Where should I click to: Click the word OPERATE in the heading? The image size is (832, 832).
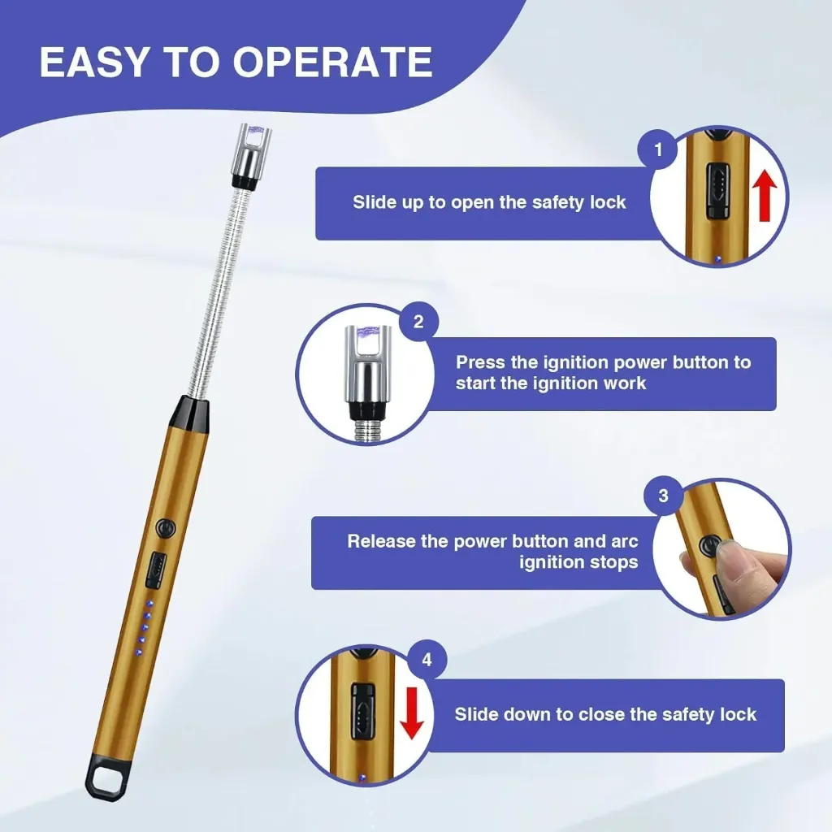click(x=332, y=62)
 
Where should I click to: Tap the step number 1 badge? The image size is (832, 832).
click(x=658, y=149)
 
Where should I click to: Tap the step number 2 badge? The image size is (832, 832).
click(x=418, y=322)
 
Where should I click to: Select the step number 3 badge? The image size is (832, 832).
click(x=663, y=496)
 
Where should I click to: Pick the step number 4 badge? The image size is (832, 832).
click(x=427, y=660)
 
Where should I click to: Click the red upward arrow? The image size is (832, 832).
click(x=765, y=195)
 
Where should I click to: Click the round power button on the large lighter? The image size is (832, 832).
click(x=166, y=529)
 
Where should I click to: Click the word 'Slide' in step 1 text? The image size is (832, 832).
click(x=374, y=202)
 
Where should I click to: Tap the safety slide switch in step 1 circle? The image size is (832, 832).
click(x=717, y=192)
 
